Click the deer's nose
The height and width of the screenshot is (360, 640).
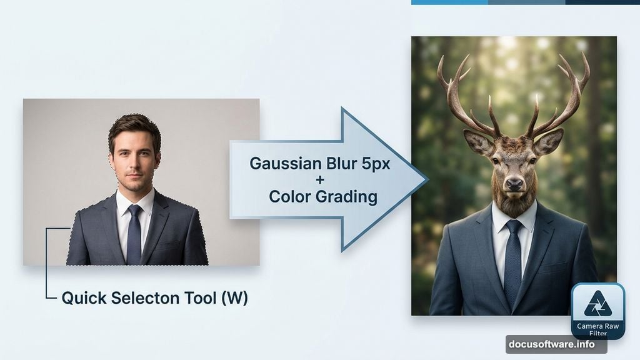point(515,184)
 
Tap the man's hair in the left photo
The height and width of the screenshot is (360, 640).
point(134,124)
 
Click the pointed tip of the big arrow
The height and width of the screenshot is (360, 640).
point(426,180)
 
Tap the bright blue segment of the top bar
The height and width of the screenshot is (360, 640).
point(449,2)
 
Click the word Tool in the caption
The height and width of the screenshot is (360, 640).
point(199,299)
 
